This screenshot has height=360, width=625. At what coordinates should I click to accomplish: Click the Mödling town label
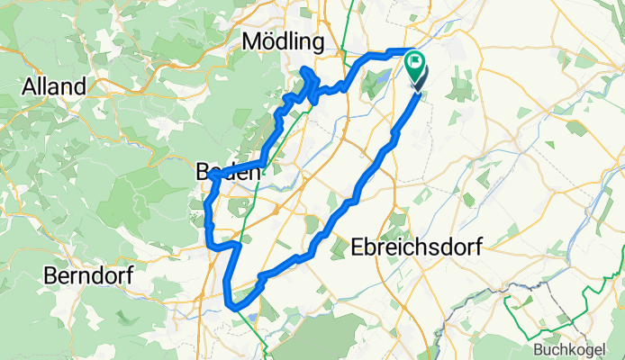pos(283,42)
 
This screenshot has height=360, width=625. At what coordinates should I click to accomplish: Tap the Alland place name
pos(55,87)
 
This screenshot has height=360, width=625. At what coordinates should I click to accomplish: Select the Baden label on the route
pos(229,171)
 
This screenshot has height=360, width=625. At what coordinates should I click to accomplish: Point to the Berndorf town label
pos(87,275)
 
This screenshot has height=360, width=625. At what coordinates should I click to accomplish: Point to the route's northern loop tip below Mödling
pos(306,70)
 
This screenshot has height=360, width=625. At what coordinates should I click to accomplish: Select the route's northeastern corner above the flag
pos(412,50)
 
